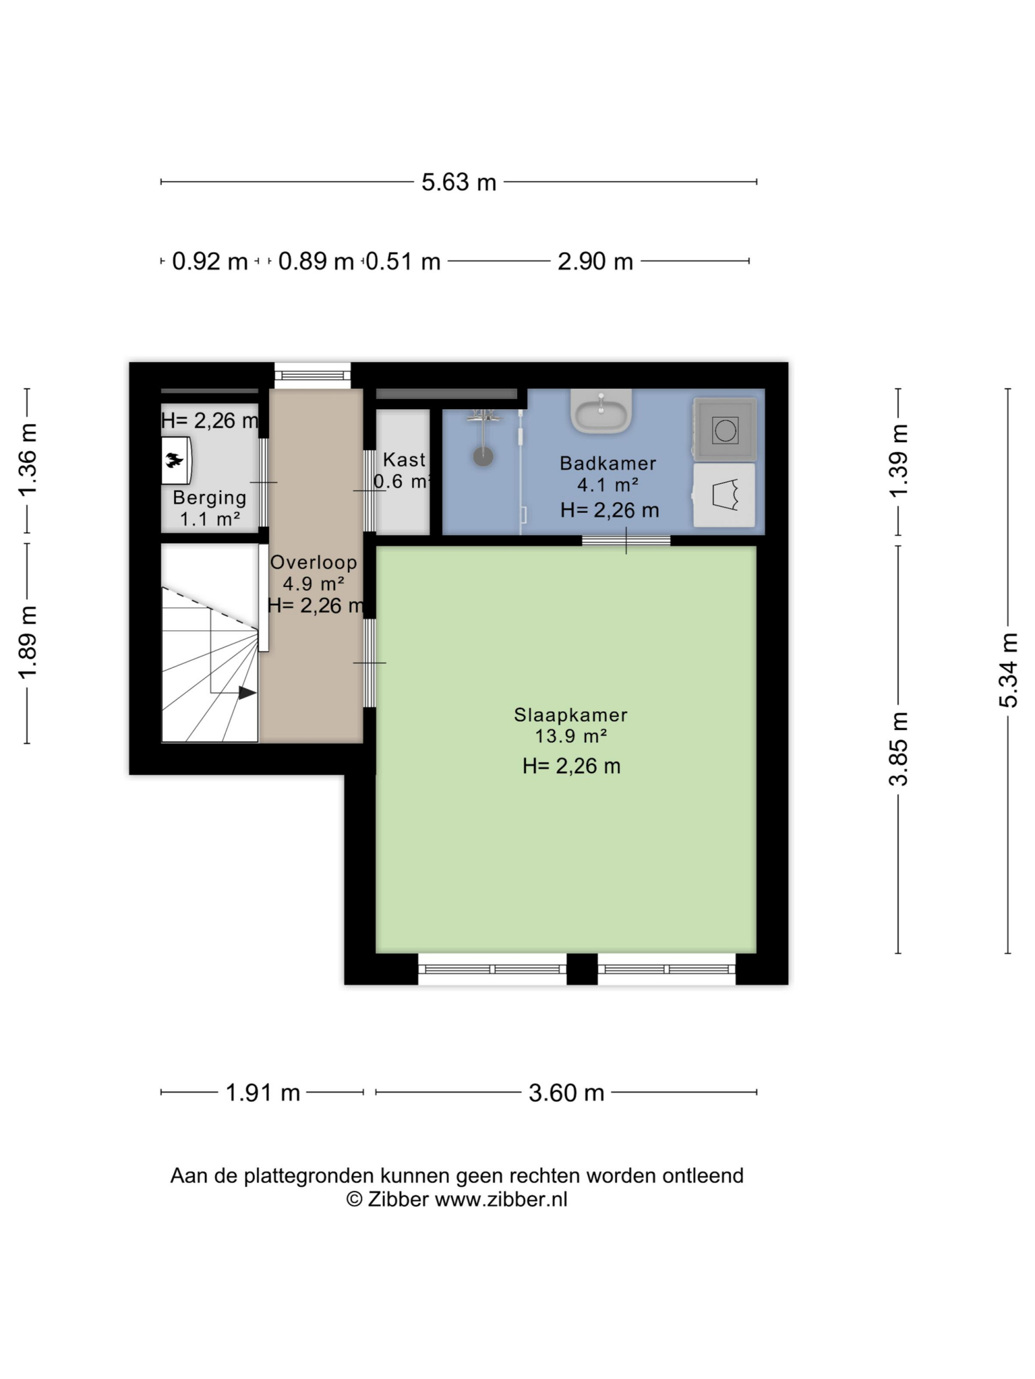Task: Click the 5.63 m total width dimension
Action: pyautogui.click(x=459, y=182)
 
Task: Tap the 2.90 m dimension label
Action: pyautogui.click(x=595, y=262)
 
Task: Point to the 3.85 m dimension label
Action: pyautogui.click(x=899, y=749)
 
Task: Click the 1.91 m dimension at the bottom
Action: pyautogui.click(x=263, y=1093)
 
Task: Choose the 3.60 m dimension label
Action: pyautogui.click(x=566, y=1093)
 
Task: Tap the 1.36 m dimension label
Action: pyautogui.click(x=28, y=460)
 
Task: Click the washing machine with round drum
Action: pyautogui.click(x=724, y=429)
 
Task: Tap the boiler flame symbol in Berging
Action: pyautogui.click(x=175, y=461)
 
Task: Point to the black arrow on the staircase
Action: pyautogui.click(x=247, y=693)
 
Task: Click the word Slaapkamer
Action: pyautogui.click(x=571, y=715)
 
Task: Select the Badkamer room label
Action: pyautogui.click(x=607, y=464)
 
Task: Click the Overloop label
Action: pyautogui.click(x=313, y=562)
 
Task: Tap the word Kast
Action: pyautogui.click(x=404, y=460)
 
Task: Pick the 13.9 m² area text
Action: pyautogui.click(x=571, y=736)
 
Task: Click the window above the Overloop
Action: pyautogui.click(x=312, y=375)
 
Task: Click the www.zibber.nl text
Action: pyautogui.click(x=501, y=1199)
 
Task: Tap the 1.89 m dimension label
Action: pyautogui.click(x=28, y=643)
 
